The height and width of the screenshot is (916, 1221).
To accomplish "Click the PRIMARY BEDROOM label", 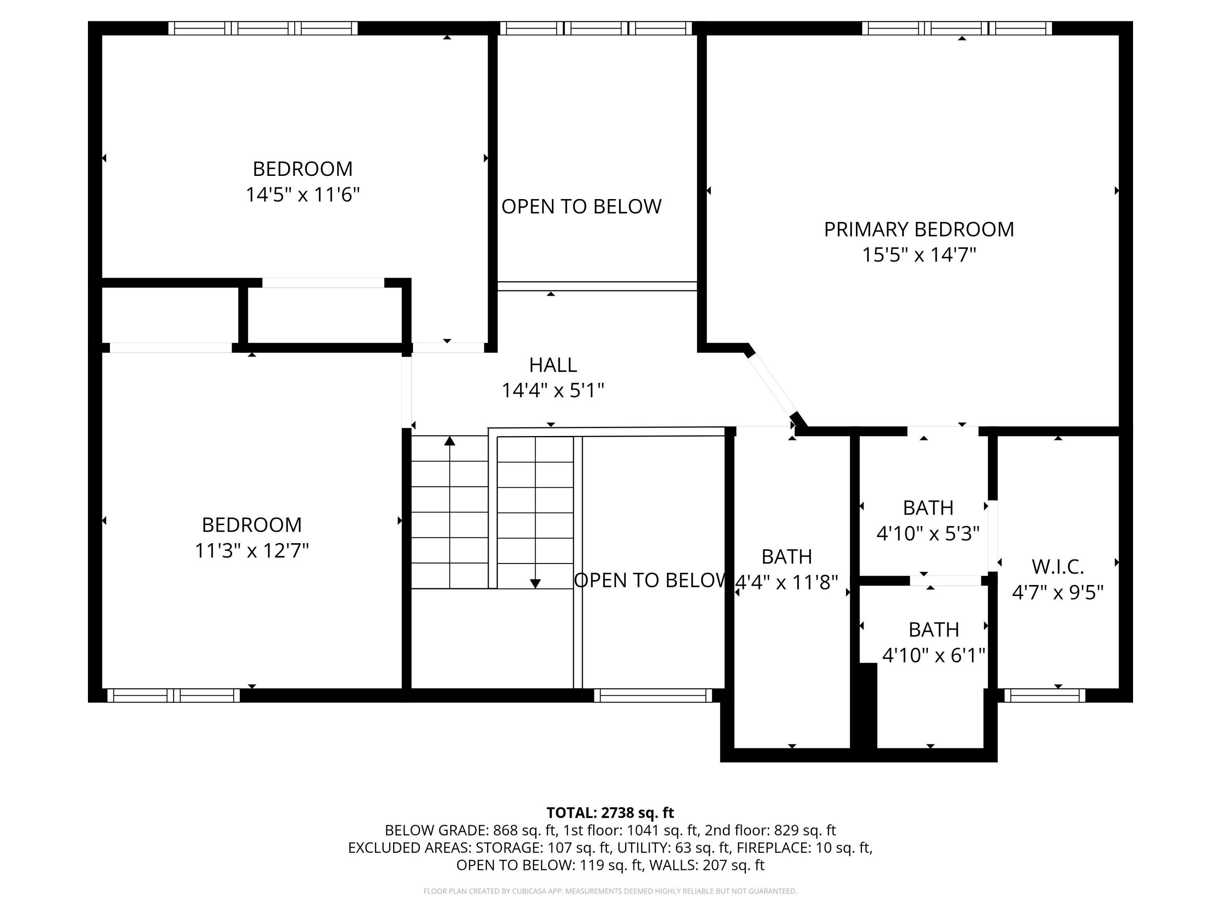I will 919,229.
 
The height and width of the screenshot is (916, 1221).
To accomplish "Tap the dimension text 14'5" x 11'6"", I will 302,195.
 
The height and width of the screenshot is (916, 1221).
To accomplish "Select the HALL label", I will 553,365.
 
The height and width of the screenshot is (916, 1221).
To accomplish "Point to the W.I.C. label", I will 1058,567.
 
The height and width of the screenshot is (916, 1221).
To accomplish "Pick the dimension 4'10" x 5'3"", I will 928,533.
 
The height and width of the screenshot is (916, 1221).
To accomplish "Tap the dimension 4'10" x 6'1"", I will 933,655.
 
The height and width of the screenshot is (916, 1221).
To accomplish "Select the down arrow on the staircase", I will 535,583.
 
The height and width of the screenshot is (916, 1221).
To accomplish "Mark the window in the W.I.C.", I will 1044,695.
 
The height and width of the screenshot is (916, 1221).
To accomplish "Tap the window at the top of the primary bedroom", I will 956,28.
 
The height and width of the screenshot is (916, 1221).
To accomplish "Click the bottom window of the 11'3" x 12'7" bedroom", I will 173,695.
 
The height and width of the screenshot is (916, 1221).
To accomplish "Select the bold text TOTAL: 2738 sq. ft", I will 610,813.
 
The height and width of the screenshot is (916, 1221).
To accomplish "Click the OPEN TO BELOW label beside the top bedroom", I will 581,206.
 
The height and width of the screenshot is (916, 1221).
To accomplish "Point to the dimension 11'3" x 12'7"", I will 252,550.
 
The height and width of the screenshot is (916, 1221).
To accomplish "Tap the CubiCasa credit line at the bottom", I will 610,891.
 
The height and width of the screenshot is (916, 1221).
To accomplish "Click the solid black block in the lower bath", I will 865,706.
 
